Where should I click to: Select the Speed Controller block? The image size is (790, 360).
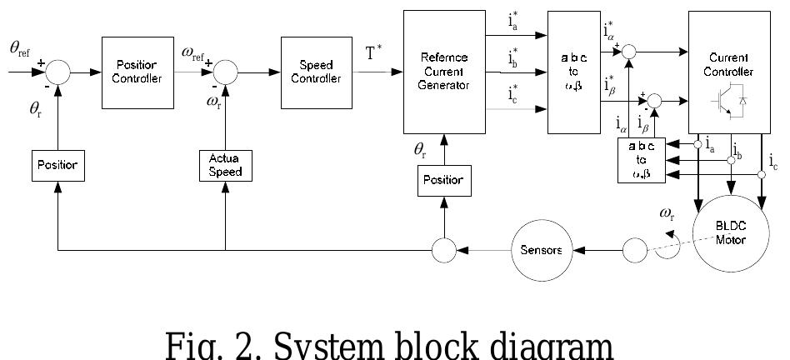point(316,72)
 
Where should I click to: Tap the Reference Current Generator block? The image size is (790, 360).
point(444,72)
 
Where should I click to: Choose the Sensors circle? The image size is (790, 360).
point(541,250)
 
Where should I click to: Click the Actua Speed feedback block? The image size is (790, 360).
point(225,165)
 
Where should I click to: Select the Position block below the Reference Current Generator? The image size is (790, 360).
point(444,180)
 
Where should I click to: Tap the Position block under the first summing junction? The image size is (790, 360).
point(57,165)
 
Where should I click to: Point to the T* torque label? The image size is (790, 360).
point(374,54)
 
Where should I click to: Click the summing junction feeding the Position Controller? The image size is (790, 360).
point(57,72)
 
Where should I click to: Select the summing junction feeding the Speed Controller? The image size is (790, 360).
point(225,72)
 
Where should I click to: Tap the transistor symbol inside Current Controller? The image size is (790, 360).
point(727,99)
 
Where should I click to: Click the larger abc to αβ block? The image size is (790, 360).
point(574,72)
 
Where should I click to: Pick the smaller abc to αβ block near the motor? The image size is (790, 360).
point(641,160)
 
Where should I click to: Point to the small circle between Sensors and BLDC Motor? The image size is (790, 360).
point(635,250)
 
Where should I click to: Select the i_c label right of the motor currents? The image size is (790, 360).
point(774,160)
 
